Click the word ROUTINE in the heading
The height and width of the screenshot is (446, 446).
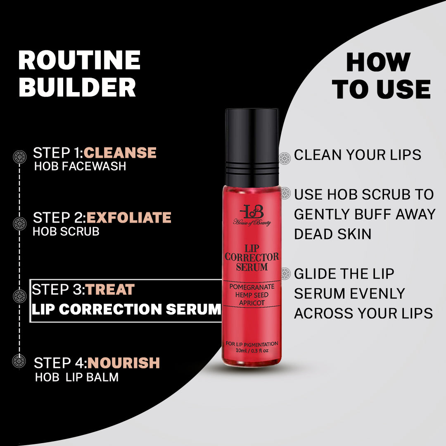79,60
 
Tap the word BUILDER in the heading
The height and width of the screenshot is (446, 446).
77,88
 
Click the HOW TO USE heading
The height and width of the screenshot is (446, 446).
382,76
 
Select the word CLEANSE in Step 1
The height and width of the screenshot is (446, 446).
120,153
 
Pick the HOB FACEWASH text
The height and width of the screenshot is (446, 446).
80,166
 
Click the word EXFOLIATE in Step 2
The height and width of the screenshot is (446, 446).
129,218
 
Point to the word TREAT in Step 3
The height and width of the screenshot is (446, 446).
110,289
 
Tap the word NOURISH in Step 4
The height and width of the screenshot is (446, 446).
123,363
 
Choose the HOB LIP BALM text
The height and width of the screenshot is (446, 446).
77,377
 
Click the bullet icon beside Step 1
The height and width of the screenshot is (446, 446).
19,157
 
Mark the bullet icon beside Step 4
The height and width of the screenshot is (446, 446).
19,361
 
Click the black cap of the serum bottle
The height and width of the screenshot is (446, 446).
252,147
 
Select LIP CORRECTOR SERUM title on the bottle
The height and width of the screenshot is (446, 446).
252,257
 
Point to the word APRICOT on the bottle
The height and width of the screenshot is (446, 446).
252,303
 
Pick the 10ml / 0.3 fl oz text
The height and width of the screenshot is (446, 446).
252,351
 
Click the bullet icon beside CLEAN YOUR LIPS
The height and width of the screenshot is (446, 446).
285,158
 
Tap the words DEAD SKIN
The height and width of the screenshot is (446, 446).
333,234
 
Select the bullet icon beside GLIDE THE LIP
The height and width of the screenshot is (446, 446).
285,273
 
